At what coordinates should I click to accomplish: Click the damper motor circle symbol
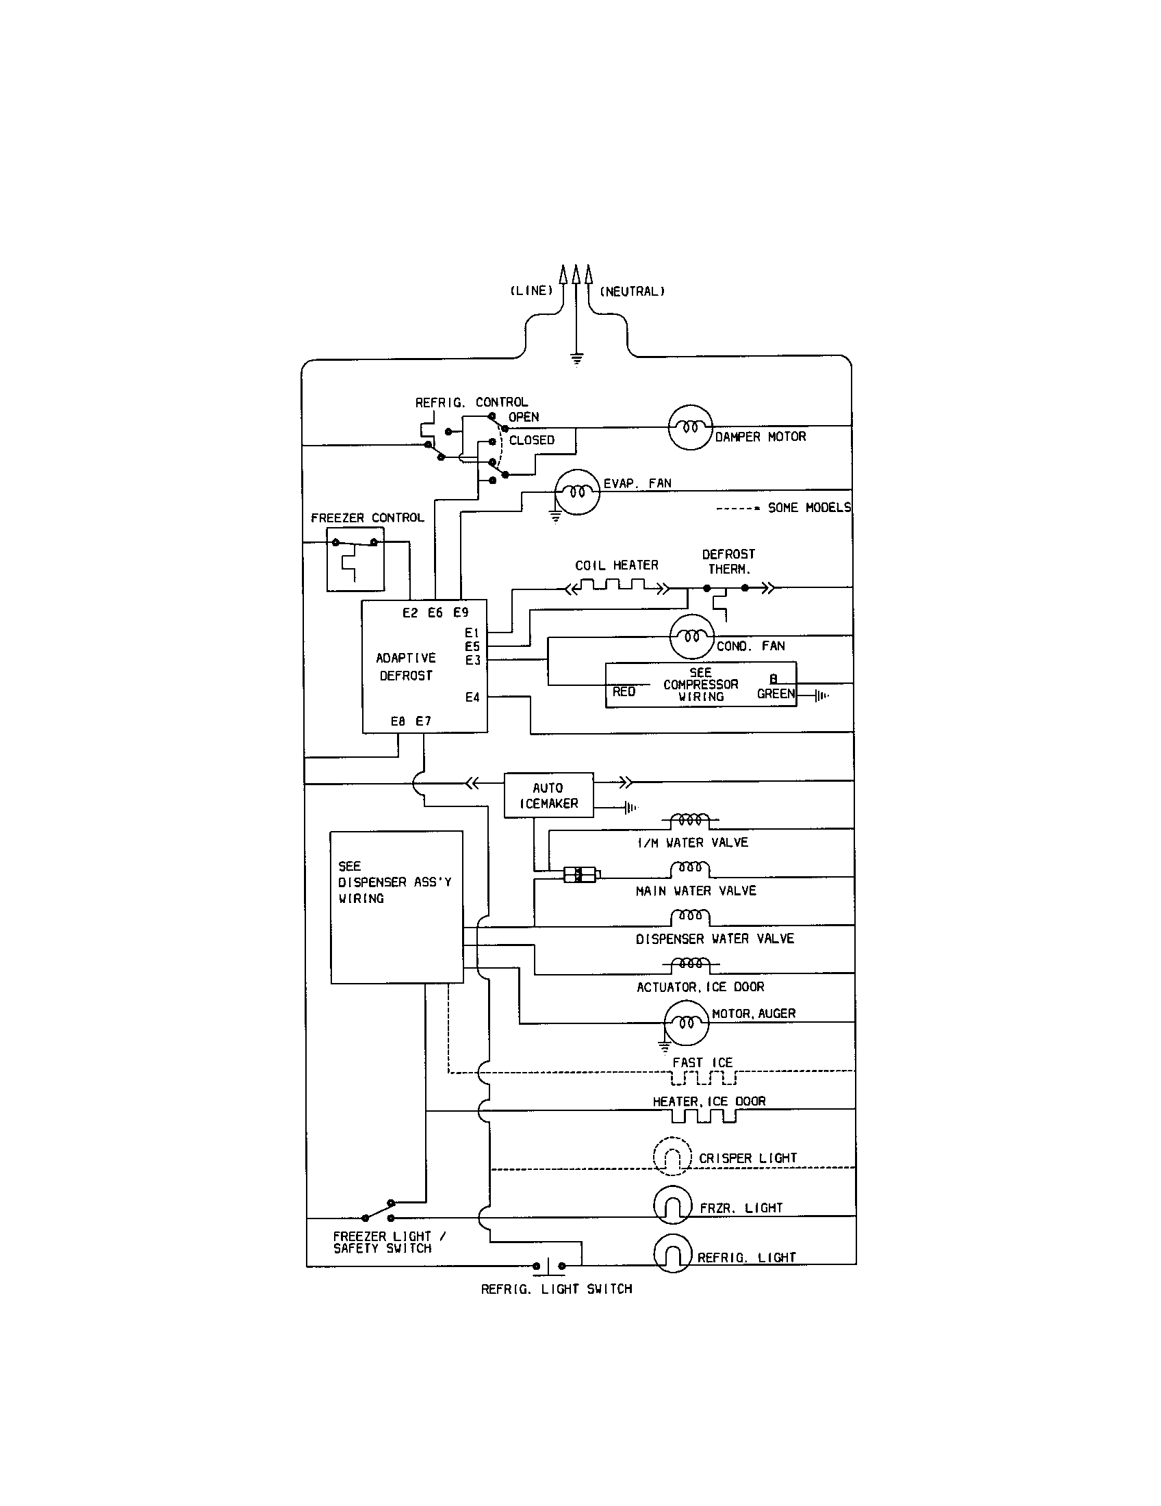pos(690,427)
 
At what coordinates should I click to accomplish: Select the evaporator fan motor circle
pos(576,492)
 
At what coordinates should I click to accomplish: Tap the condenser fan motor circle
pos(692,636)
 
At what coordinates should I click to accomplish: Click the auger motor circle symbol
pos(686,1023)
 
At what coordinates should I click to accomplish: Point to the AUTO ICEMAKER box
pos(549,795)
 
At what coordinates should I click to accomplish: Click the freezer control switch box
pos(355,559)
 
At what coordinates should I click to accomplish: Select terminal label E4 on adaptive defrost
pos(472,697)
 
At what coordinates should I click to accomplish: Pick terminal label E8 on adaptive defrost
pos(398,722)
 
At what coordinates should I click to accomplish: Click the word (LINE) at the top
pos(531,290)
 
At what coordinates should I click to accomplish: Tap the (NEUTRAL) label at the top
pos(633,291)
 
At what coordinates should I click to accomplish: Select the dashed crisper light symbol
pos(672,1156)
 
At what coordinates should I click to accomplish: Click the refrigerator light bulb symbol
pos(672,1253)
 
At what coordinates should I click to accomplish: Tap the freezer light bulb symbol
pos(672,1205)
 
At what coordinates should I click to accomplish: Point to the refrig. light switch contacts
pos(549,1265)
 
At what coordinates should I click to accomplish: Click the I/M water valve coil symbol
pos(690,820)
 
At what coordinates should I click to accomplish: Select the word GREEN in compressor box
pos(776,693)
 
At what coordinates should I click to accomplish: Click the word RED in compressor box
pos(624,691)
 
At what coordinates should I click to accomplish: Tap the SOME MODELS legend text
pos(808,507)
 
